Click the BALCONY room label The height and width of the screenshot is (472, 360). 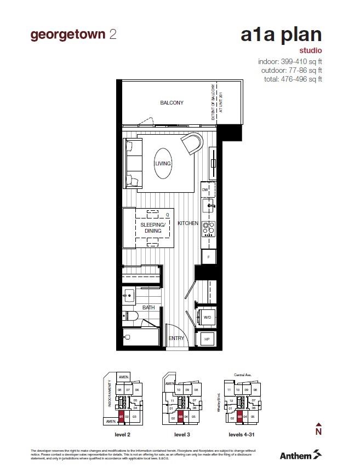pos(172,103)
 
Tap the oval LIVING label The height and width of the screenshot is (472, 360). pos(163,164)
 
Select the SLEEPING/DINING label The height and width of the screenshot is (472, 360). pos(153,228)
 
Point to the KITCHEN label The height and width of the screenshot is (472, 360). pos(187,223)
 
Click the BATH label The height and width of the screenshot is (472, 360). pos(148,308)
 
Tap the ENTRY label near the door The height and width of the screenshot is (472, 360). pos(176,338)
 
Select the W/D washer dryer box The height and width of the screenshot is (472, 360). pos(209,317)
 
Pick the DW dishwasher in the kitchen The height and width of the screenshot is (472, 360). pos(205,189)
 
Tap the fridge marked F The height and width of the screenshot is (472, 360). pos(208,257)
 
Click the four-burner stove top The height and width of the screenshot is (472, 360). pos(208,227)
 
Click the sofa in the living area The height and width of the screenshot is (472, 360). pos(132,164)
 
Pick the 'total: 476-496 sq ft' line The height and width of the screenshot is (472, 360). pos(290,79)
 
